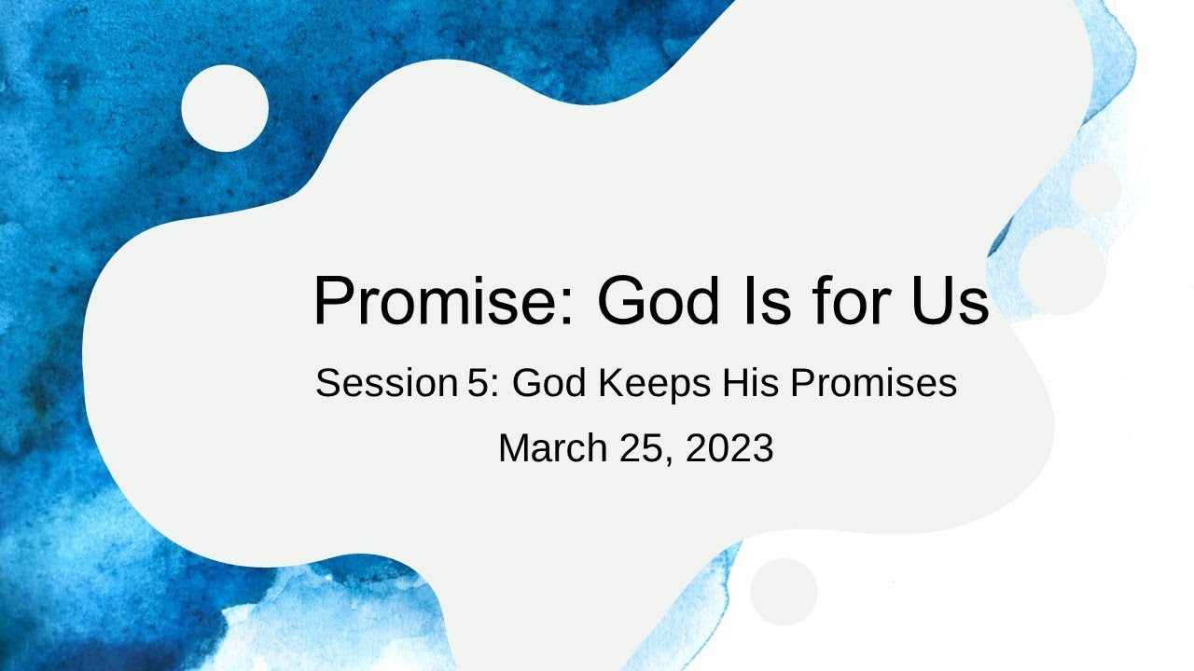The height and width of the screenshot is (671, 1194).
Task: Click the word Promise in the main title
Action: (437, 301)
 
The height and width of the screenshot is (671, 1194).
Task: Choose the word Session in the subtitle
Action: (383, 383)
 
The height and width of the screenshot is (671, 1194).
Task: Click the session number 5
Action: (476, 383)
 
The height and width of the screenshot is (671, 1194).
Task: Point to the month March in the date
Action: (553, 448)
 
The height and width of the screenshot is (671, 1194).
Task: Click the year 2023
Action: (729, 448)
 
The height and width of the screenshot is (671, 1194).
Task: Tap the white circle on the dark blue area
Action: (225, 108)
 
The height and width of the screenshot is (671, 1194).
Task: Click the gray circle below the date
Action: (784, 592)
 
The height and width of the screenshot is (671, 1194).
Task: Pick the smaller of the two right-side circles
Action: (1095, 187)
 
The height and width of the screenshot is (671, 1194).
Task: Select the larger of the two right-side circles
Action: (1062, 270)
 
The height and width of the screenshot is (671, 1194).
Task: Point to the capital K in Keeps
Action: (610, 383)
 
